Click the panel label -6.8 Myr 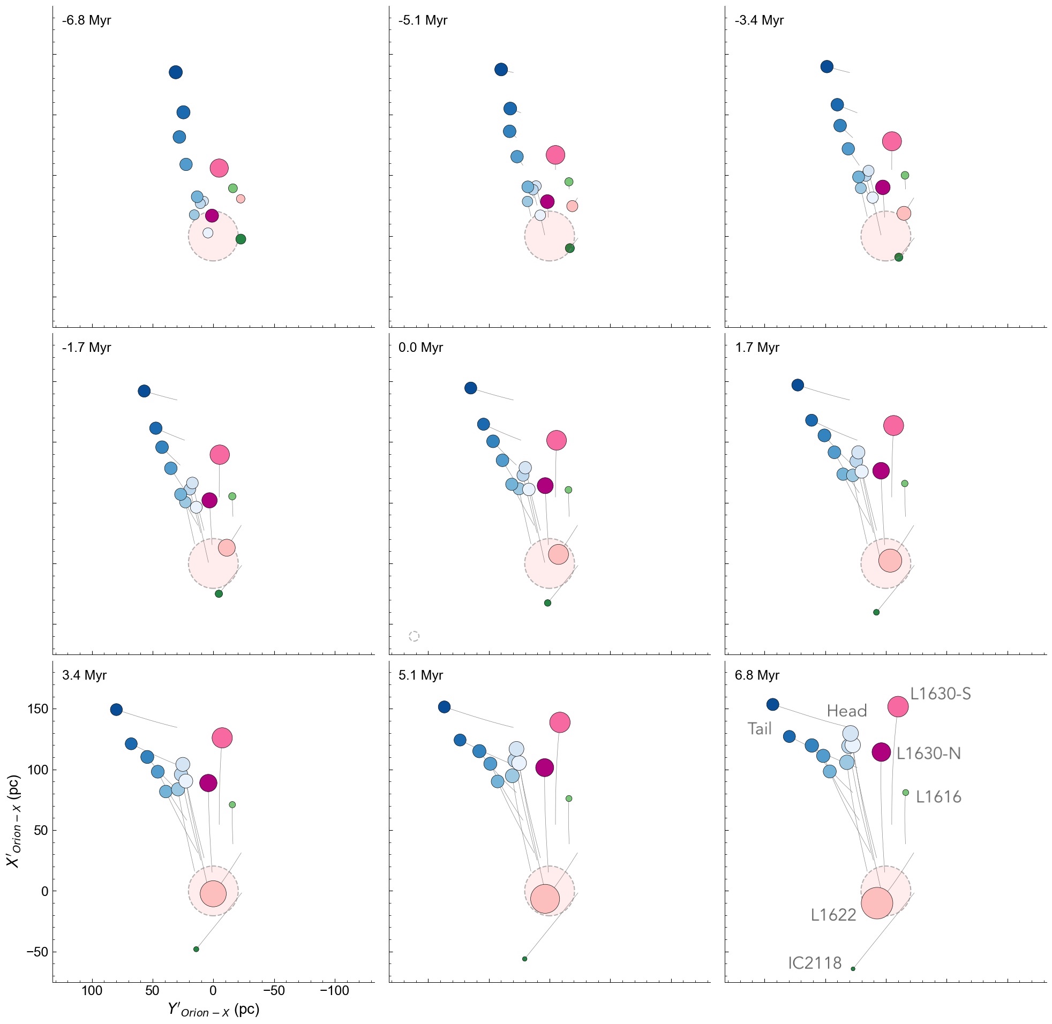[x=86, y=21]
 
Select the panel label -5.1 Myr [x=422, y=21]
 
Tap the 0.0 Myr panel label [x=420, y=348]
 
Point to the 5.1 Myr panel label [x=420, y=675]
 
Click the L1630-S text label [x=940, y=694]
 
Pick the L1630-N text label [x=928, y=754]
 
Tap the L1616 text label [x=938, y=797]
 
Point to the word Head [x=846, y=712]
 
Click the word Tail [x=760, y=729]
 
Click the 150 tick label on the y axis [x=37, y=710]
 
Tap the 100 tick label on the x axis [x=92, y=991]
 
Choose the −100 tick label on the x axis [x=335, y=991]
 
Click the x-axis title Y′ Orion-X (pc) [x=214, y=1010]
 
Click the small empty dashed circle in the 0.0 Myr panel [x=414, y=636]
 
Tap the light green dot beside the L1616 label [x=905, y=793]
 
